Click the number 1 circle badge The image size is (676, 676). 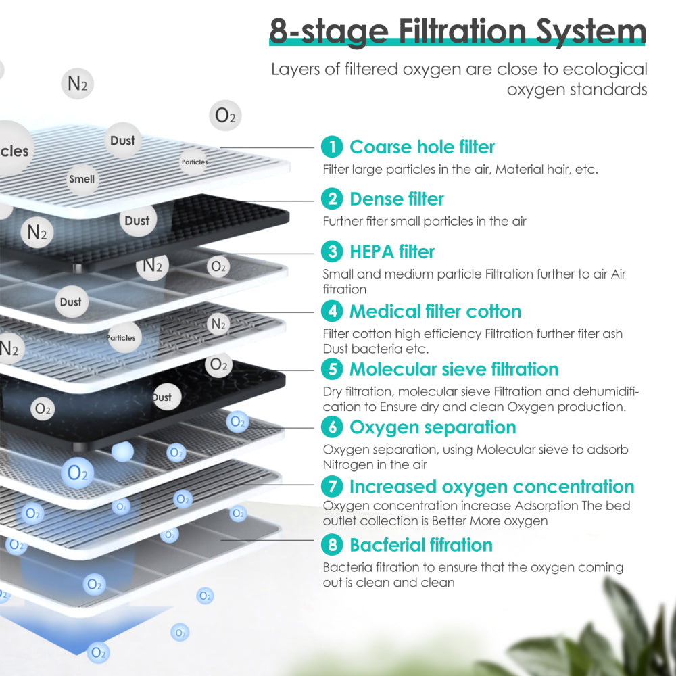(332, 147)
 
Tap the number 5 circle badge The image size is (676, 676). (332, 369)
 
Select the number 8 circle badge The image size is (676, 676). (332, 545)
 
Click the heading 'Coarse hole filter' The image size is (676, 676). (422, 147)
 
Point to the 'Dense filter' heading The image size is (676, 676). (396, 199)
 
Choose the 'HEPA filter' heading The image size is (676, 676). (392, 251)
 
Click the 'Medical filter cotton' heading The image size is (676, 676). (435, 311)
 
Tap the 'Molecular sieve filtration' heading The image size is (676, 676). (454, 369)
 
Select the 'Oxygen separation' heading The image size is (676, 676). (433, 427)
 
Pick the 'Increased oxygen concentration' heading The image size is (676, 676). (491, 487)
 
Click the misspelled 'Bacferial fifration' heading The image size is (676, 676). (420, 545)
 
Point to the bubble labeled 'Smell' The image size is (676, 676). (82, 179)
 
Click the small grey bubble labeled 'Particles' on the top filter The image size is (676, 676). (194, 162)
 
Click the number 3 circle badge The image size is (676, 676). (332, 251)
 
